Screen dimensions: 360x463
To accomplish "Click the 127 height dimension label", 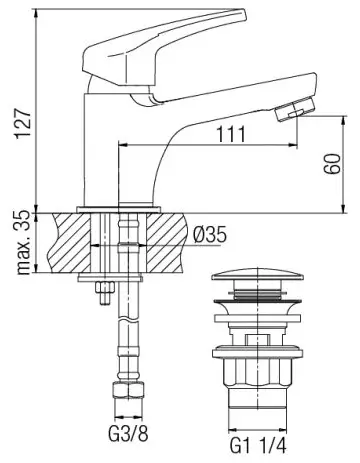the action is coord(22,121).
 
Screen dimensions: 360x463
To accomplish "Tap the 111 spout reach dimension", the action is coord(231,134).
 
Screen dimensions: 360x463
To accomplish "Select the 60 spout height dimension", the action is coord(332,164).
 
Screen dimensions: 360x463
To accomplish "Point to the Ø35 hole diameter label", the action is coord(210,235).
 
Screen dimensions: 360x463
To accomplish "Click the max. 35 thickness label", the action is coord(24,243).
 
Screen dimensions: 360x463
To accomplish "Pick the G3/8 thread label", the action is coord(128,434).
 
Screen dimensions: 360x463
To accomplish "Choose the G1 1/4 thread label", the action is coord(258,445).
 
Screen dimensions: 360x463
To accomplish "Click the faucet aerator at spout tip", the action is coord(296,109).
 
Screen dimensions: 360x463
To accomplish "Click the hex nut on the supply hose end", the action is coord(128,391).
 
